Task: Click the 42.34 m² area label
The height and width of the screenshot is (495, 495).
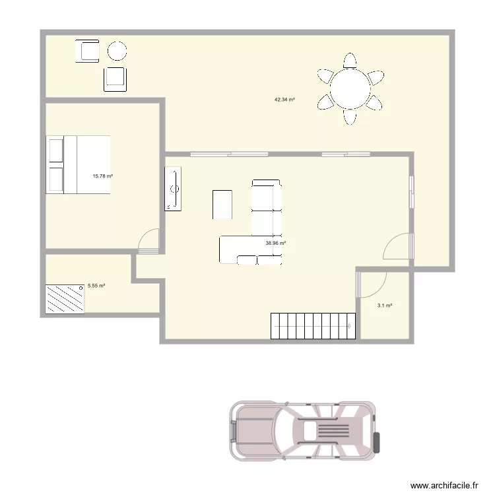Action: (284, 100)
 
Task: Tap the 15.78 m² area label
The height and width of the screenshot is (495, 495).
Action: (103, 176)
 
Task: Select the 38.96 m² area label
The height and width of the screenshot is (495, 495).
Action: (275, 243)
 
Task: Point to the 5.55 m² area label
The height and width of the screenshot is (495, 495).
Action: (96, 286)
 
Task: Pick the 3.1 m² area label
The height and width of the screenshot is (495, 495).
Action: (385, 306)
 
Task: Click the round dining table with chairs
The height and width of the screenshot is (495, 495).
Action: (350, 88)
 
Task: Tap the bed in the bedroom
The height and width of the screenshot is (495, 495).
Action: (77, 164)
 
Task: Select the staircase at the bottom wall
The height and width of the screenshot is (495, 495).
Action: (313, 326)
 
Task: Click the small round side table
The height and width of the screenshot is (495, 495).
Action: (117, 51)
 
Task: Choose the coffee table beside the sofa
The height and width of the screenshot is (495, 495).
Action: (222, 204)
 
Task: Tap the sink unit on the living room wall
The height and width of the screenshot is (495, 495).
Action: (174, 189)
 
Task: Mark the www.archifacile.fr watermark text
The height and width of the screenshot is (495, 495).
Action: (444, 485)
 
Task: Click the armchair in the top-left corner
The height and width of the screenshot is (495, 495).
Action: (87, 51)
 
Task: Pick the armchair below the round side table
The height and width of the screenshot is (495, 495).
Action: (115, 79)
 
